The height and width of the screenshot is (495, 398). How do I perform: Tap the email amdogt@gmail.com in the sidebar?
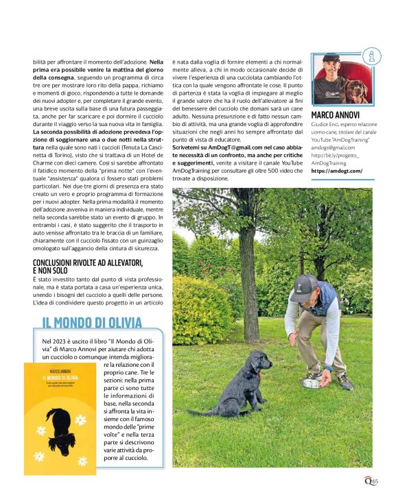click(x=333, y=147)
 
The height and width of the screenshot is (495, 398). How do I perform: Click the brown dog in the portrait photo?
click(x=356, y=89)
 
